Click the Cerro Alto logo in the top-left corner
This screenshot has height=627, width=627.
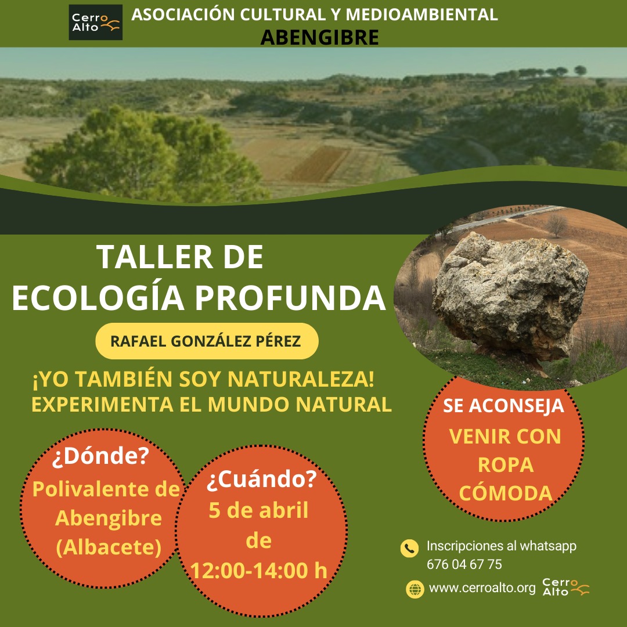[x=96, y=23]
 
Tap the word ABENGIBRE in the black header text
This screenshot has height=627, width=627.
[x=319, y=38]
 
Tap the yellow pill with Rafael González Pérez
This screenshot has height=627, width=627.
[x=207, y=341]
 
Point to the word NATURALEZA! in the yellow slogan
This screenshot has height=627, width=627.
[x=301, y=379]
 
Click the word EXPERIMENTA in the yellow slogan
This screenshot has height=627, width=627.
[x=102, y=404]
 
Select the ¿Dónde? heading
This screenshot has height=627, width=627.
[x=100, y=456]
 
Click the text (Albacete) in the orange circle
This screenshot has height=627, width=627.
[x=109, y=547]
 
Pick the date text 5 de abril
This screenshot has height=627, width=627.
[x=259, y=510]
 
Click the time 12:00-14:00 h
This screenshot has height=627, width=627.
[x=259, y=570]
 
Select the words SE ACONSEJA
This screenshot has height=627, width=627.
[x=503, y=405]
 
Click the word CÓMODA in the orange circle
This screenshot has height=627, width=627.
[x=506, y=492]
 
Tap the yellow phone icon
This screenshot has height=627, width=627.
[x=409, y=548]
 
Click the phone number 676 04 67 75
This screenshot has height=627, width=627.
[x=464, y=564]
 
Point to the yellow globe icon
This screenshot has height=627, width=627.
[x=415, y=589]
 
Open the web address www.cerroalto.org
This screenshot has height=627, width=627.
[x=482, y=588]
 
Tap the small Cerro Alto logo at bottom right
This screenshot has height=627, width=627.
[x=565, y=587]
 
